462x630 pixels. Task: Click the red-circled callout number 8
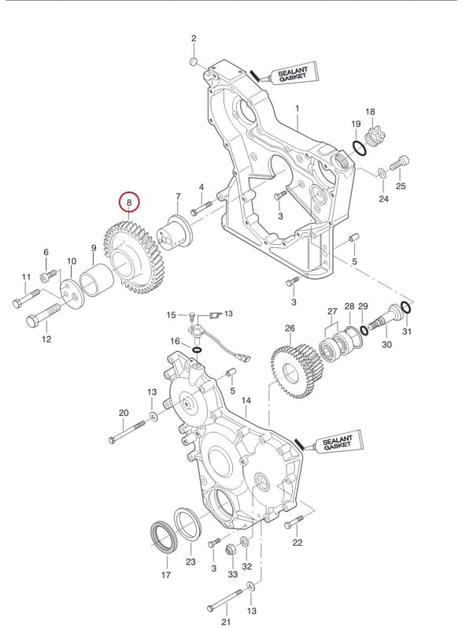coord(129,202)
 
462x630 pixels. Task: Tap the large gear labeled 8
coord(132,258)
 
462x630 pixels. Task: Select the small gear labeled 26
coord(297,372)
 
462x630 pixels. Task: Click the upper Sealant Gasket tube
coord(288,74)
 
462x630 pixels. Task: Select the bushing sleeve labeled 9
coord(97,280)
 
